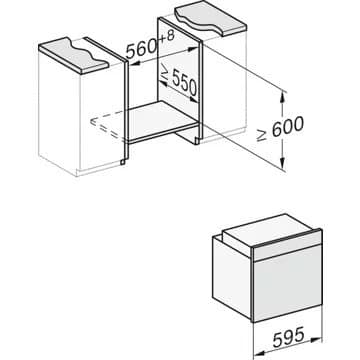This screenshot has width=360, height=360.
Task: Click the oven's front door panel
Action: coord(284,290)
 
